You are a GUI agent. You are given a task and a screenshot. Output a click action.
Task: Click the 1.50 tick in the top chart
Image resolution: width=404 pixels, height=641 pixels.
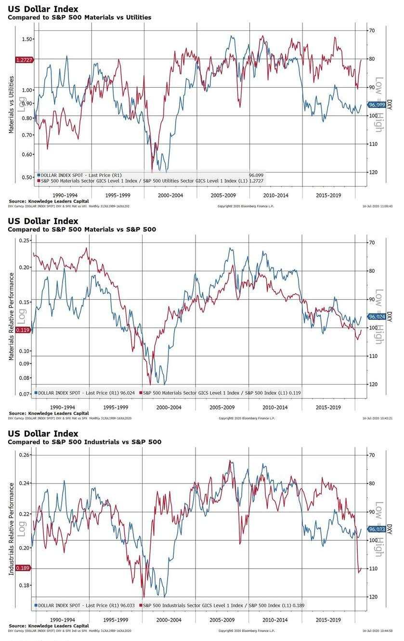(27, 39)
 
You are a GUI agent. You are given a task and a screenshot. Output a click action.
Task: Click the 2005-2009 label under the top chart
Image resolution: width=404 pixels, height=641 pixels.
(222, 196)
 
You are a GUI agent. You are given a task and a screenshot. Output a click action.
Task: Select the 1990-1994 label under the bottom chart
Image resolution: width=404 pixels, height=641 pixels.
(63, 620)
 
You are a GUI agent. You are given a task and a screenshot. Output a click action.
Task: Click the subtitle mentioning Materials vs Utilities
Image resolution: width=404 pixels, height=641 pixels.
(79, 17)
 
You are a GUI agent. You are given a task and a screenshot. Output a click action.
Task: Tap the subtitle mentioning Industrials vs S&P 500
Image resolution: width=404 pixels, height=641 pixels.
(84, 442)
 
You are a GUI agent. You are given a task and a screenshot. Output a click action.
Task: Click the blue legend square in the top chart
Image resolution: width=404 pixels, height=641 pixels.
(39, 175)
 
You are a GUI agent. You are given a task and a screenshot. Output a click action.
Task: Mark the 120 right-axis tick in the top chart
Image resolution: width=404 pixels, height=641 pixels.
(372, 172)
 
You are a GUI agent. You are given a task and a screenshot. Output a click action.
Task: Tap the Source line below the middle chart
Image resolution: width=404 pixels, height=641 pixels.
(49, 413)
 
